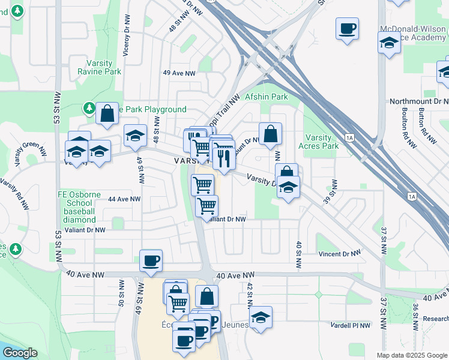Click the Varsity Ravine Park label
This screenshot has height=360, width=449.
coord(99,67)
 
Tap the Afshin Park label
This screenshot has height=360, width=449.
coord(267,97)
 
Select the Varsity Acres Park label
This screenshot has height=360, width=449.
coord(318,142)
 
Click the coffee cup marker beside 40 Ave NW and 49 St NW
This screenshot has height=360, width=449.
coord(151,261)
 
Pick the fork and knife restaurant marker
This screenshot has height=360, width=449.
coord(224,158)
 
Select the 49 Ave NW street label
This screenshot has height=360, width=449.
coord(179,73)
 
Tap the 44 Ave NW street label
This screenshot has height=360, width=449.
coord(124,199)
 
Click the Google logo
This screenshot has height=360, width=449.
coord(20,353)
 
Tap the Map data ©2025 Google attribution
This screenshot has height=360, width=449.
coord(411,355)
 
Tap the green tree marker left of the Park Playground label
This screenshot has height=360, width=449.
coord(89,108)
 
